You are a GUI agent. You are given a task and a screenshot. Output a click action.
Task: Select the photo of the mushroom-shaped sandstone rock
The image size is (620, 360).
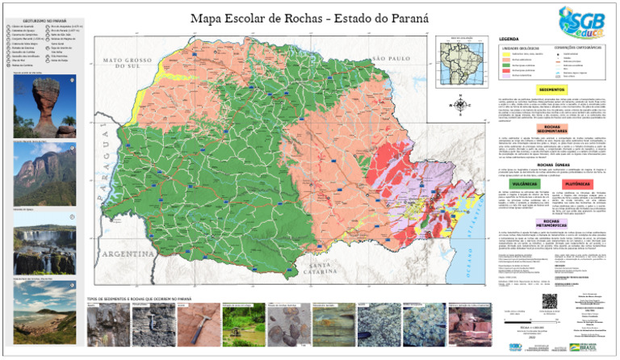click(42, 107)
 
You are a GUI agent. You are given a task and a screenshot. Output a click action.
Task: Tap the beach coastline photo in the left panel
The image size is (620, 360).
click(42, 302)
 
